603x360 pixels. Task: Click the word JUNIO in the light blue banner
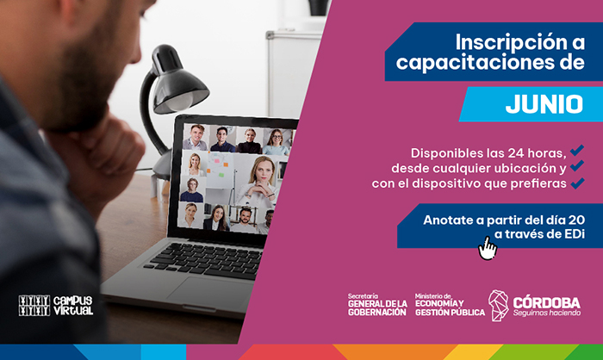click(x=544, y=104)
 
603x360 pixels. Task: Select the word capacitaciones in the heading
click(x=473, y=63)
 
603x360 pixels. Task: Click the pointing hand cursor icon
click(x=488, y=248)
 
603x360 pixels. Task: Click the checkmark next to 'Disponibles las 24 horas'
click(x=577, y=151)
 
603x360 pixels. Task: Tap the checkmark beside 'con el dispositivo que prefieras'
click(x=578, y=183)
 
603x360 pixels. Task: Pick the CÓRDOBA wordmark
click(x=547, y=302)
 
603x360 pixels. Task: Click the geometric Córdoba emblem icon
click(x=499, y=306)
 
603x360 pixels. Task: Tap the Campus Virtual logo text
click(x=73, y=306)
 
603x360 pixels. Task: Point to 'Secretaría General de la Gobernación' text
click(x=377, y=305)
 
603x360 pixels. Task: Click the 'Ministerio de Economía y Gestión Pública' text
click(x=450, y=305)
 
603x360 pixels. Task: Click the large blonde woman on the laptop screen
click(x=258, y=180)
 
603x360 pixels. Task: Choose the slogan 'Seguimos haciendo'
click(x=547, y=313)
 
